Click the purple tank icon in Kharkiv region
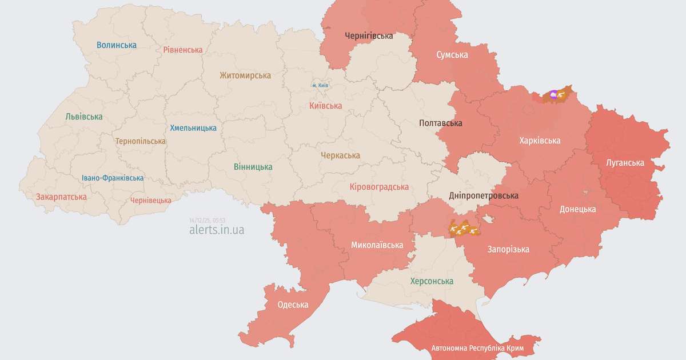(x=553, y=94)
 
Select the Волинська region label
(x=117, y=45)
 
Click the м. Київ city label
(x=320, y=85)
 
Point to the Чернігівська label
(x=369, y=35)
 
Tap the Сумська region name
(x=452, y=55)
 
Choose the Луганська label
(x=625, y=163)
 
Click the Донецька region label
(x=577, y=209)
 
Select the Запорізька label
(x=508, y=249)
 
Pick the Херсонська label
(x=432, y=281)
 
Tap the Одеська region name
(x=293, y=305)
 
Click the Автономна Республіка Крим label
(x=478, y=348)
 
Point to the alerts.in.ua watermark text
(x=217, y=230)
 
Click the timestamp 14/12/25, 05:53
(x=207, y=220)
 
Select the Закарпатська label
(x=61, y=197)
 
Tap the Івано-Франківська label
(x=113, y=178)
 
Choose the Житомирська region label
(x=245, y=75)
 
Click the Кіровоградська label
(x=379, y=187)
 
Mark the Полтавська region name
(x=440, y=123)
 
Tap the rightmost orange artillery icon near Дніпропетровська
(x=473, y=230)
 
